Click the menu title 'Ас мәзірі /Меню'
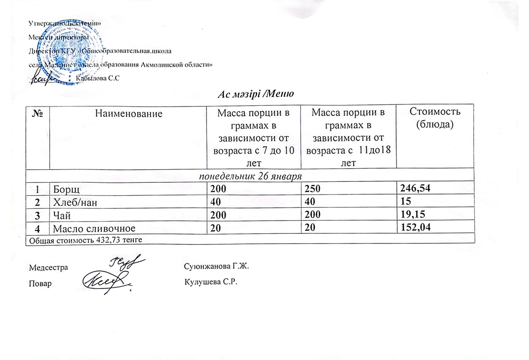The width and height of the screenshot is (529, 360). pyautogui.click(x=256, y=93)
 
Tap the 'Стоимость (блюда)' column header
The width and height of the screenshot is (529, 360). pyautogui.click(x=434, y=119)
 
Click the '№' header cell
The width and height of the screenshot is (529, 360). pyautogui.click(x=37, y=113)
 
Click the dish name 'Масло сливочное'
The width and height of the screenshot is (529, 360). pyautogui.click(x=95, y=229)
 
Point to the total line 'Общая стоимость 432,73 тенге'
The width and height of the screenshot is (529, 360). pyautogui.click(x=86, y=240)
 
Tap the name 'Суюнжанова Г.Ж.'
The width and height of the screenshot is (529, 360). pyautogui.click(x=216, y=267)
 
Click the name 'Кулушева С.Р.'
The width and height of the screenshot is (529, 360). pyautogui.click(x=209, y=283)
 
